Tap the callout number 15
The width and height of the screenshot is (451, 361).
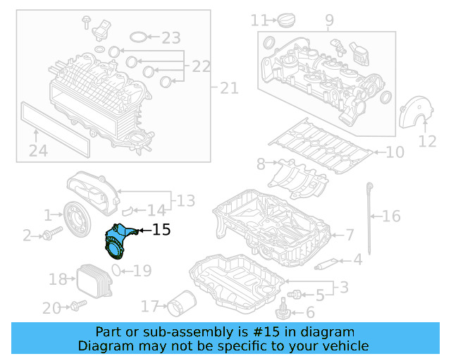tap(161, 229)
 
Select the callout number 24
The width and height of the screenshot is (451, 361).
tap(38, 150)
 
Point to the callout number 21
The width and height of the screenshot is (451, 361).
tap(229, 88)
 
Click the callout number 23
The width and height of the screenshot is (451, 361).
tap(171, 37)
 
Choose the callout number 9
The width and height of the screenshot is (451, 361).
tap(329, 21)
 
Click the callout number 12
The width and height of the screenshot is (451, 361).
tap(428, 142)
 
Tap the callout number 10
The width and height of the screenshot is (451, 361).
tap(395, 152)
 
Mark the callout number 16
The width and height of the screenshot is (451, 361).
tap(391, 216)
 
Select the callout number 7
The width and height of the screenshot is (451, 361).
tap(350, 234)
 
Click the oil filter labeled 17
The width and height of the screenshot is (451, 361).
tap(179, 305)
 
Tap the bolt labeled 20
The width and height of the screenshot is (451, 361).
tap(77, 305)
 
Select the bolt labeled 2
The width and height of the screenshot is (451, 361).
tap(49, 235)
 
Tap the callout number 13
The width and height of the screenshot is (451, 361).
tap(185, 202)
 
